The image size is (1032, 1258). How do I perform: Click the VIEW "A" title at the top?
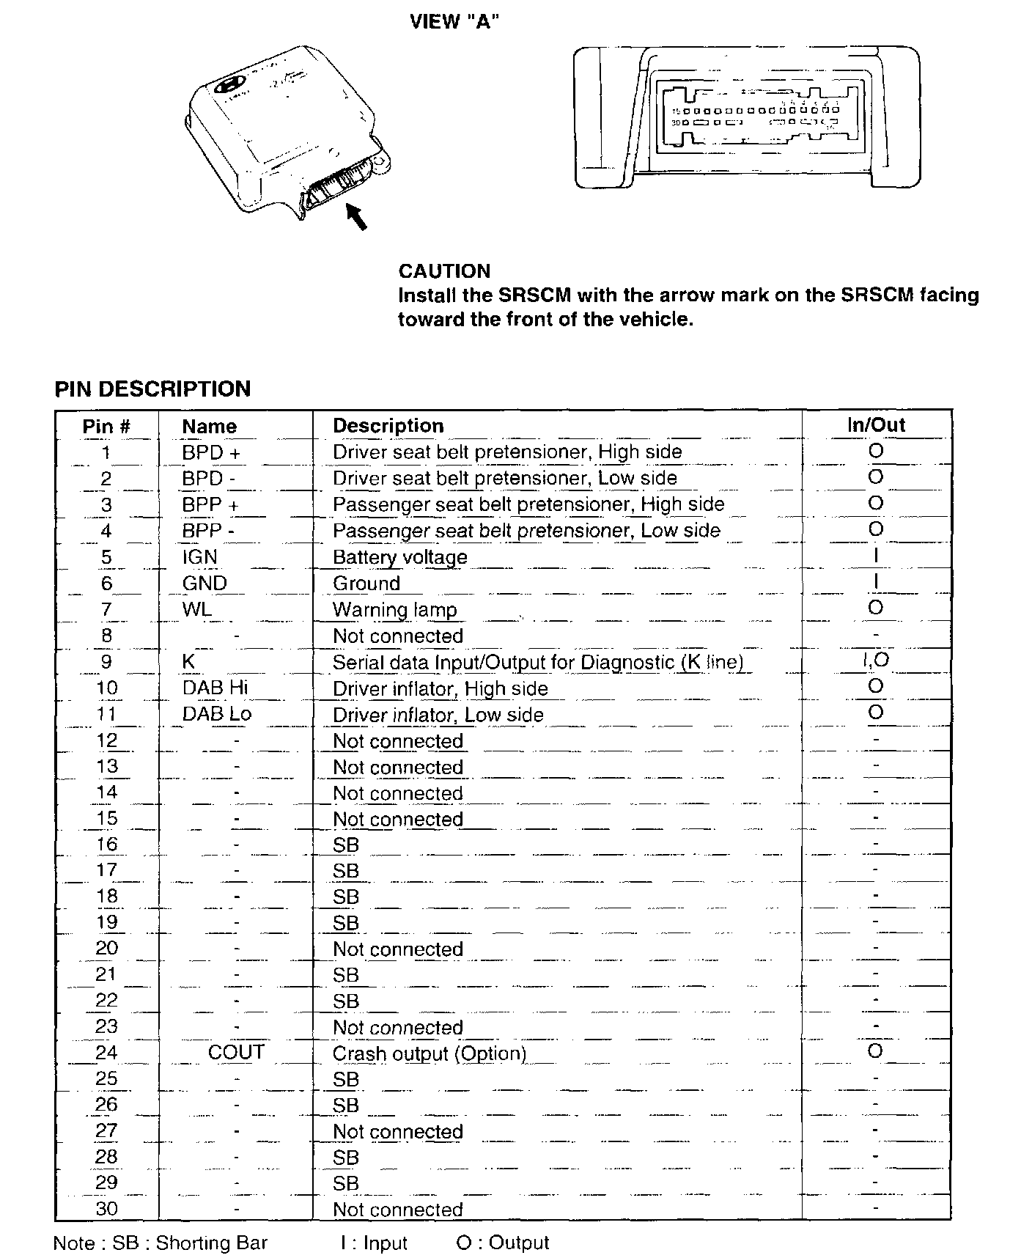click(454, 22)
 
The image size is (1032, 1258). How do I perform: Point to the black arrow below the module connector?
click(356, 216)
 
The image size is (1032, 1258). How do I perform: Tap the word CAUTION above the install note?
click(444, 271)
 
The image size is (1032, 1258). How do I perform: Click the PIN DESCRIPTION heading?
click(152, 389)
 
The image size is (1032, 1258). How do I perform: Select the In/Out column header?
click(876, 425)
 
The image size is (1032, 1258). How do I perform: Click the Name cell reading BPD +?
click(211, 453)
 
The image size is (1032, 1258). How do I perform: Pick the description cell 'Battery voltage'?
click(399, 557)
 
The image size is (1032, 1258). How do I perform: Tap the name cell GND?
click(204, 584)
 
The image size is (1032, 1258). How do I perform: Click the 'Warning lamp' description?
click(394, 610)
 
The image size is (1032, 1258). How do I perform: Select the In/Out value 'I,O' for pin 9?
click(875, 661)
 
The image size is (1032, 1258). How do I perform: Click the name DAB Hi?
click(215, 688)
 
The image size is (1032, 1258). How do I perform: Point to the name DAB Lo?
click(216, 714)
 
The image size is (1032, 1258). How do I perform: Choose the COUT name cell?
click(235, 1053)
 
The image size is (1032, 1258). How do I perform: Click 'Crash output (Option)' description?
click(430, 1054)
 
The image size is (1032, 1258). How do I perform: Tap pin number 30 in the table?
click(107, 1209)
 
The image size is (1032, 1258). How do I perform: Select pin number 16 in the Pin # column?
click(107, 845)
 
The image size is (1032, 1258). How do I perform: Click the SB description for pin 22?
click(346, 1001)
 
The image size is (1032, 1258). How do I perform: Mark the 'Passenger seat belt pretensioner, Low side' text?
click(526, 531)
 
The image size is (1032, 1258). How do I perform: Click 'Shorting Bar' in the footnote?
click(211, 1243)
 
